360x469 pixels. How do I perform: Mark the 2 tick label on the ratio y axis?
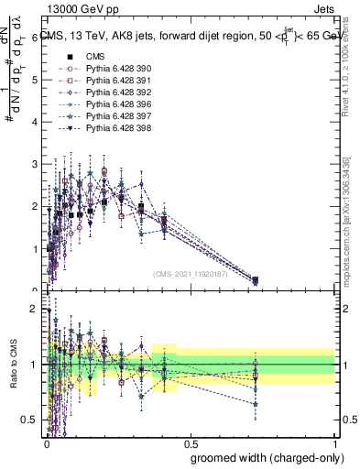(x=35, y=310)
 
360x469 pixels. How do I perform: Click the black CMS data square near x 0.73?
(x=255, y=279)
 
